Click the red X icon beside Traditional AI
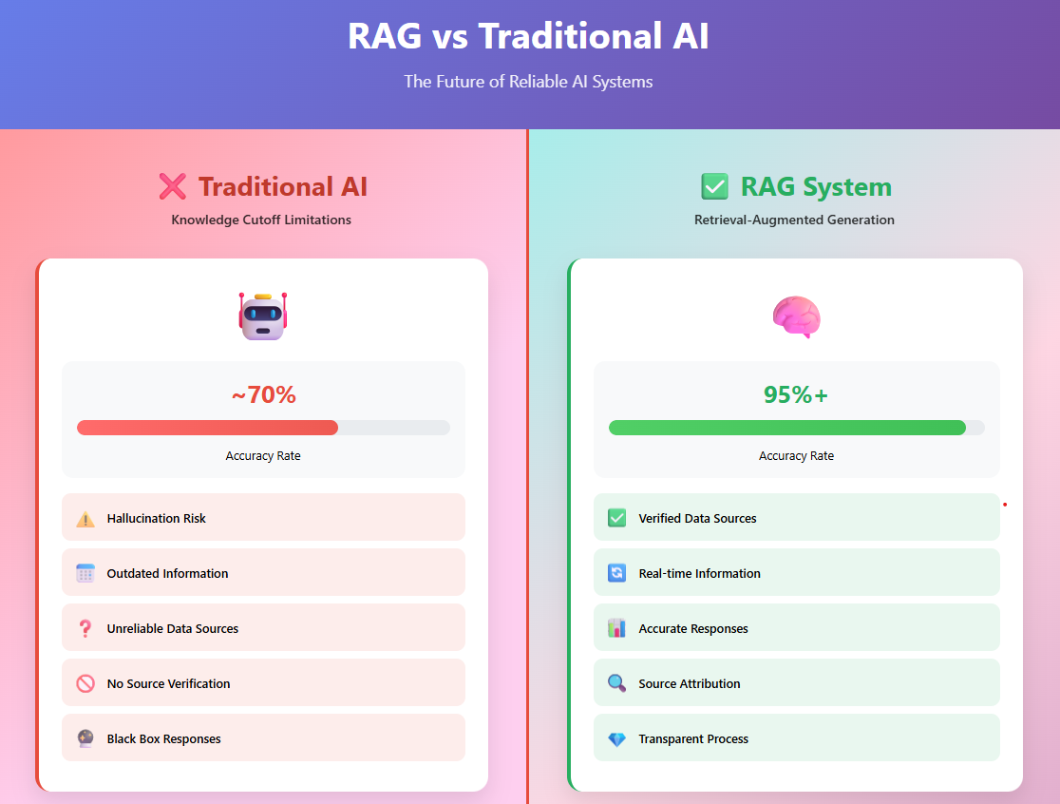tap(172, 186)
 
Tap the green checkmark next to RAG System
tap(714, 186)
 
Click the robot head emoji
tap(263, 316)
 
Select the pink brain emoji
tap(796, 316)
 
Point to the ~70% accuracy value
tap(264, 394)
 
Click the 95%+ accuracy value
tap(796, 394)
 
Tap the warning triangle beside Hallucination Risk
tap(85, 519)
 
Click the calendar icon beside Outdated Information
tap(85, 573)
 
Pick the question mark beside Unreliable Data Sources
tap(85, 629)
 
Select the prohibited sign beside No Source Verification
tap(85, 683)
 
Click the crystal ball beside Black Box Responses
tap(85, 738)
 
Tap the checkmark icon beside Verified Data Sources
tap(616, 518)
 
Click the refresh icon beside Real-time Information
tap(616, 573)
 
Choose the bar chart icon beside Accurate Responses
tap(616, 628)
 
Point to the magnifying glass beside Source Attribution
tap(616, 683)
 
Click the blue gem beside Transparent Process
tap(616, 739)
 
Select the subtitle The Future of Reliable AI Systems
tap(529, 82)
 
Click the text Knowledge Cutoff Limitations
tap(261, 220)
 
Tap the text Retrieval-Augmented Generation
tap(794, 220)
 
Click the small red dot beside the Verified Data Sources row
tap(1005, 505)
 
